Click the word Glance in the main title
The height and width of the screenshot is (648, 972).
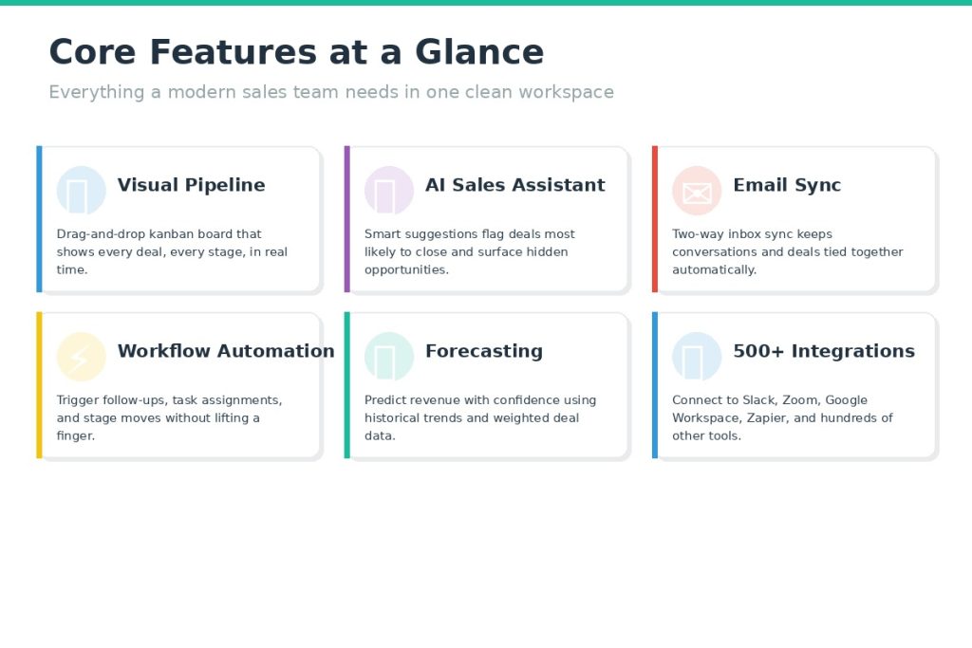tap(479, 51)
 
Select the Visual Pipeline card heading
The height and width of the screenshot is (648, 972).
tap(191, 185)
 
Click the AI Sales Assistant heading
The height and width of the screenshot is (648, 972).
tap(515, 185)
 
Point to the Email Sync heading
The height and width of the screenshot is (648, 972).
tap(787, 185)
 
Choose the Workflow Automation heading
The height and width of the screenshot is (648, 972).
tap(226, 351)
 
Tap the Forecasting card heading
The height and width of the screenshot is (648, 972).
tap(483, 351)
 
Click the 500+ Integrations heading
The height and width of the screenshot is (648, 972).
tap(824, 351)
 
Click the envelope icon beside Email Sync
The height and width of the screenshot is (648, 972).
tap(697, 194)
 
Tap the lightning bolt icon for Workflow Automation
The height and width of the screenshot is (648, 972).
tap(79, 358)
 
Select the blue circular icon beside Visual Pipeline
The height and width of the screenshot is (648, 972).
tap(82, 190)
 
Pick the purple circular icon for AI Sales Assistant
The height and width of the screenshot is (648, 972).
tap(389, 190)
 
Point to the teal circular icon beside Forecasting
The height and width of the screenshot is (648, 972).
tap(389, 356)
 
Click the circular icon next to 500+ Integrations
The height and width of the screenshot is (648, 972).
tap(697, 356)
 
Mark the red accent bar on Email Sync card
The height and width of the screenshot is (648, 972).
tap(655, 218)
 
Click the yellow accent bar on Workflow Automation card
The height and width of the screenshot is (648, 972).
tap(39, 384)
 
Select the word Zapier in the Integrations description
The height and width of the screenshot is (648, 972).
tap(767, 418)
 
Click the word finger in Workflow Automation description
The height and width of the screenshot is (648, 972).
tap(76, 436)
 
